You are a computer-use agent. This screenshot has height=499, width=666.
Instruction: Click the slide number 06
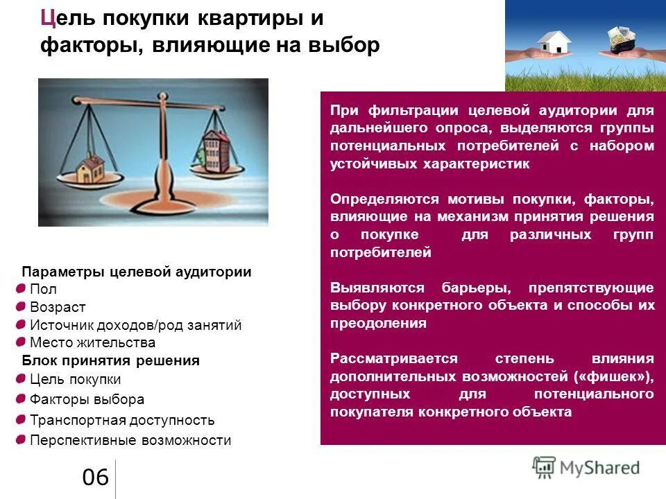click(95, 478)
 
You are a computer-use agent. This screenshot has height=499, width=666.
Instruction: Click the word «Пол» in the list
click(43, 289)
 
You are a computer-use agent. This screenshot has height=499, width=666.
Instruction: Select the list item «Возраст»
click(58, 307)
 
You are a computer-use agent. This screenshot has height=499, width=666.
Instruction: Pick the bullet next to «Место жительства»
click(21, 342)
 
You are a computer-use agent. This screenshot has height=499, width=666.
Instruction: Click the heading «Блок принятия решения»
click(110, 360)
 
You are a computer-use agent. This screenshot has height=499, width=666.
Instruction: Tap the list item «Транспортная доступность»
click(122, 420)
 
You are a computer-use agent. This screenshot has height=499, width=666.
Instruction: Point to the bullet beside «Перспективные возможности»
click(21, 439)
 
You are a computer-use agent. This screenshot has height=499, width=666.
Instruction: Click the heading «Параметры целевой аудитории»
click(136, 272)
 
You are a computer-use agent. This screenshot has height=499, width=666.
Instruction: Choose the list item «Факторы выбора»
click(87, 399)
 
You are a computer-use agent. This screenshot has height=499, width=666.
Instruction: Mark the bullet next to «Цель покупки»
click(21, 378)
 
